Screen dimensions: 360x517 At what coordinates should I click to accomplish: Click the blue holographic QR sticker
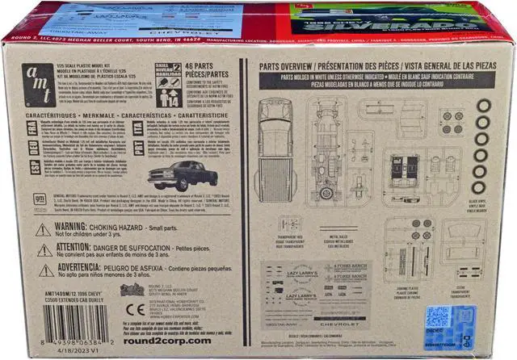pyautogui.click(x=439, y=316)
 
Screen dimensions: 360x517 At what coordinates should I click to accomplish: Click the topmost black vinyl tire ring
pyautogui.click(x=483, y=105)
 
